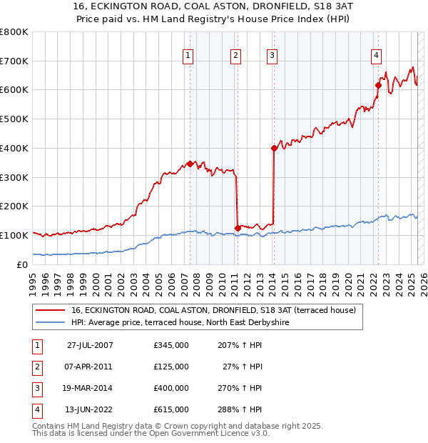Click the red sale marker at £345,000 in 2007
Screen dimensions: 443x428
(x=190, y=163)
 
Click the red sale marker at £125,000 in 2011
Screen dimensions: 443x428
(x=238, y=228)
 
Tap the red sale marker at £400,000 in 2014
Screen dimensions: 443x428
(x=274, y=148)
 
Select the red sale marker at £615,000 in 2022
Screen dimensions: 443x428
(x=378, y=85)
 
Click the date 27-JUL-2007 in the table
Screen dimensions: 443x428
(x=90, y=345)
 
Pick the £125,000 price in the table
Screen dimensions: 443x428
(x=171, y=367)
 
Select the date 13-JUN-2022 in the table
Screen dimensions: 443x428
(x=90, y=409)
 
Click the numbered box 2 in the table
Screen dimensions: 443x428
(x=35, y=367)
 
